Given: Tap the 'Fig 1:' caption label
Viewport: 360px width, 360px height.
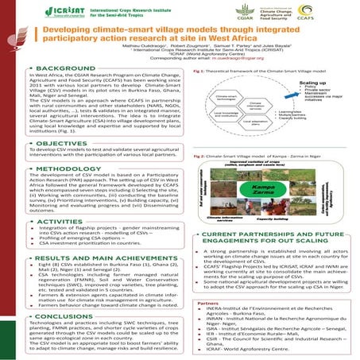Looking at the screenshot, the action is [199, 71].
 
